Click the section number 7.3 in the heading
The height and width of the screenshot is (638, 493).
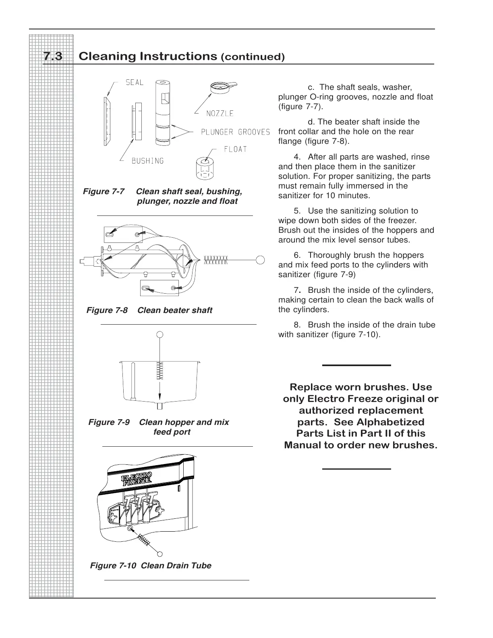point(53,56)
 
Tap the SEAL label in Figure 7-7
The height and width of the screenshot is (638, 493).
point(135,83)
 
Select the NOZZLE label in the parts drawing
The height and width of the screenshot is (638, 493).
point(220,114)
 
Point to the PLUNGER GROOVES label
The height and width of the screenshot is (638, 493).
point(235,132)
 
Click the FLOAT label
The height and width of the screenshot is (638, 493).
point(235,149)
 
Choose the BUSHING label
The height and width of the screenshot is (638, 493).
point(148,161)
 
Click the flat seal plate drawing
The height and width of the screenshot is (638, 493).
point(106,121)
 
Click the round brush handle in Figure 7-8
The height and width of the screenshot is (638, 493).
point(260,260)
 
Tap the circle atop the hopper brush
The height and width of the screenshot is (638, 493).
point(160,334)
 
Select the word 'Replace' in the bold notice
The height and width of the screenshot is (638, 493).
point(309,387)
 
